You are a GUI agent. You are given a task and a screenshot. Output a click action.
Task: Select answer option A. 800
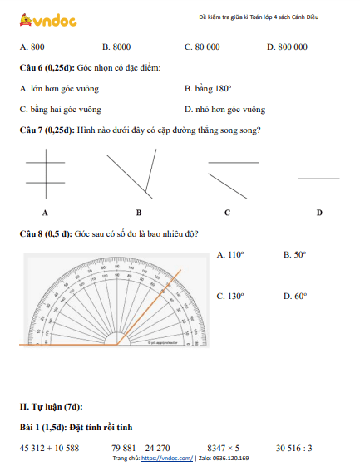click(32, 47)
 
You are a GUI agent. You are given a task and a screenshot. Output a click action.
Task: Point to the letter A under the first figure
click(44, 213)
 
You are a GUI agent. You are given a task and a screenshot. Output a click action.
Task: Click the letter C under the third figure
click(227, 213)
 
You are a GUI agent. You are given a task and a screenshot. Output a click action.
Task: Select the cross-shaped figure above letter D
click(318, 179)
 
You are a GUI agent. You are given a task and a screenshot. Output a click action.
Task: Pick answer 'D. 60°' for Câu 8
click(295, 296)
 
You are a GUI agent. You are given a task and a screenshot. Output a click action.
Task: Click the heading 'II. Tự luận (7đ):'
click(52, 406)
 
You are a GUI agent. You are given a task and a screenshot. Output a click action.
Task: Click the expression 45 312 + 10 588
click(49, 448)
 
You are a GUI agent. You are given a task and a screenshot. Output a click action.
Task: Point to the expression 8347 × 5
click(224, 448)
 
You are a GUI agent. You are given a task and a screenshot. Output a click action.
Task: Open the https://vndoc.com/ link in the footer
click(166, 459)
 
